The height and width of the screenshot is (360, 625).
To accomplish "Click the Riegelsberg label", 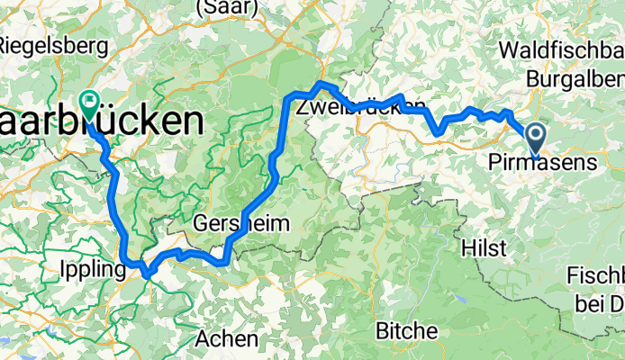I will tap(42, 43).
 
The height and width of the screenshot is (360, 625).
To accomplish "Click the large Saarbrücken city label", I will tap(99, 121).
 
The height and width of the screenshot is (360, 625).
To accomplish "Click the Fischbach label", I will tap(596, 274).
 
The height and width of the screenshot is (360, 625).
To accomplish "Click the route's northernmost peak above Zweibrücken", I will tap(322, 83).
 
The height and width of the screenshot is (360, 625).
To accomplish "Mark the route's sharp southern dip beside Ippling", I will tap(144, 273).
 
